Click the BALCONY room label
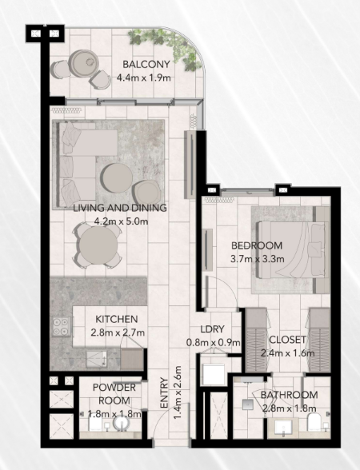[x=146, y=64]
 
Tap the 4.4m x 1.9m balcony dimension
[x=144, y=78]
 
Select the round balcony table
[x=83, y=63]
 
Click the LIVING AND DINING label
[x=120, y=208]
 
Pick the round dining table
[x=98, y=245]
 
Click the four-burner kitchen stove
[x=62, y=326]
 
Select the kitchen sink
[x=97, y=359]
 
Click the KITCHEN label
[x=117, y=319]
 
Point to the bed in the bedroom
[x=291, y=249]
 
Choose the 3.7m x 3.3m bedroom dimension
[x=257, y=259]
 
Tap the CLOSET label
[x=288, y=340]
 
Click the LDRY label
[x=213, y=329]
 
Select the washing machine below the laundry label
[x=214, y=375]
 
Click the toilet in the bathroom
[x=314, y=422]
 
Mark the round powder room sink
[x=122, y=424]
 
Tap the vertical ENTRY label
[x=165, y=392]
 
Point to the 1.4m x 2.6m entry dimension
[x=178, y=392]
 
